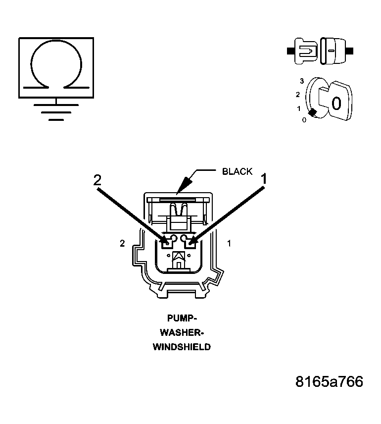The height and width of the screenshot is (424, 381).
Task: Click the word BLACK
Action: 237,172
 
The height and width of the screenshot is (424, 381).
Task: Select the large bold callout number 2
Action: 97,180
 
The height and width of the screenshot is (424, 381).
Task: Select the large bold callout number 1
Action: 264,179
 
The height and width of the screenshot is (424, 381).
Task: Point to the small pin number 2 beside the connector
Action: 122,243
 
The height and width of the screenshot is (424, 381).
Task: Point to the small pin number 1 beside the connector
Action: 229,243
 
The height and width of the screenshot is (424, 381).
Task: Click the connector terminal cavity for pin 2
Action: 167,242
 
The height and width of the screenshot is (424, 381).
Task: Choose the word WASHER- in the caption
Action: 181,332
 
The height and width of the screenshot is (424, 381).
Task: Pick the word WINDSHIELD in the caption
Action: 181,347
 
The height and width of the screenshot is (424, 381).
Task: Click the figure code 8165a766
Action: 329,382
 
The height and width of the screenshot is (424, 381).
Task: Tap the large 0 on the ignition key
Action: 336,103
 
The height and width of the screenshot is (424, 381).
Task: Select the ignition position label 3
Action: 301,81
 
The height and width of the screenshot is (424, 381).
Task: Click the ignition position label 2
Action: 297,94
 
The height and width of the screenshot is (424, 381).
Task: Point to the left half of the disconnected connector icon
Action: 303,51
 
